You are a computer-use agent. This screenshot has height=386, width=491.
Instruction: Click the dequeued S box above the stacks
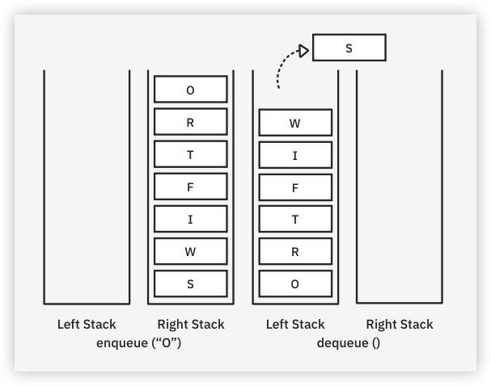pos(349,48)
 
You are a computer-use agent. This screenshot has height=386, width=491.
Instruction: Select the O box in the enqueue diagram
pos(190,90)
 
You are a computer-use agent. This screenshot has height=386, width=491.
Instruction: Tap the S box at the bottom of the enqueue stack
pos(190,283)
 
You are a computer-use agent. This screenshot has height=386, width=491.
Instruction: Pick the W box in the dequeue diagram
pos(294,123)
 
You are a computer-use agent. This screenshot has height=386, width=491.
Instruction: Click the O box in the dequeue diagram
pos(294,283)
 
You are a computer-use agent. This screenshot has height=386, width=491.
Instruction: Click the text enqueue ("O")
pos(138,342)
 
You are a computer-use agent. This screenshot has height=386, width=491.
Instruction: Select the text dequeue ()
pos(349,342)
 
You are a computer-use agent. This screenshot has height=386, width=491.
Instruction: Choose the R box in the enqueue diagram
pos(190,122)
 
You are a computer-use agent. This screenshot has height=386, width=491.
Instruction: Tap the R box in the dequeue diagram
pos(294,251)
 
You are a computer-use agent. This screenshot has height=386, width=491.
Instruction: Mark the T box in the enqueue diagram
pos(190,154)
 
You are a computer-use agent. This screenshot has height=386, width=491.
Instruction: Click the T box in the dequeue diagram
pos(294,219)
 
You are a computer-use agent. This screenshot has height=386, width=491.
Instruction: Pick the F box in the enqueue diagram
pos(190,187)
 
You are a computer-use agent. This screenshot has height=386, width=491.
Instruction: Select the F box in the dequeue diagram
pos(294,187)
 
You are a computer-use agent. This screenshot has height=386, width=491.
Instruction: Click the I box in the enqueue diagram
pos(190,219)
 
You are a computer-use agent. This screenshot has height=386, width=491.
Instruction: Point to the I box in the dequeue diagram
pos(294,154)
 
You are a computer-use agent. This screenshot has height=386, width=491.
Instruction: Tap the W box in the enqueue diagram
pos(190,251)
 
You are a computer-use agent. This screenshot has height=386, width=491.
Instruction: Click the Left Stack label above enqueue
pos(87,325)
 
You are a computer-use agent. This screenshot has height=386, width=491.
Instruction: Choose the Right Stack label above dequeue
pos(400,325)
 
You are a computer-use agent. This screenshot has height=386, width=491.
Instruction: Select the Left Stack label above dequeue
pos(295,325)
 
